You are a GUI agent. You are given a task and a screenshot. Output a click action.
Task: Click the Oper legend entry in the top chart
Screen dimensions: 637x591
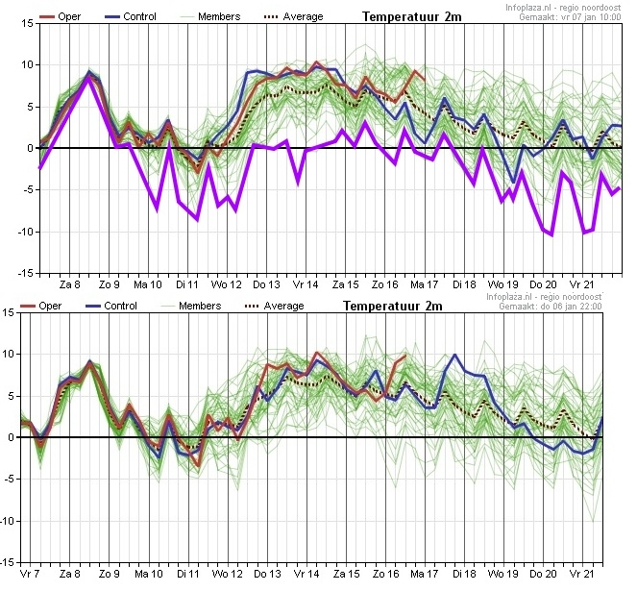pos(61,16)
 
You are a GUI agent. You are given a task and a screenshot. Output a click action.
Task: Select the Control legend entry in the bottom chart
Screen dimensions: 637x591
pos(111,306)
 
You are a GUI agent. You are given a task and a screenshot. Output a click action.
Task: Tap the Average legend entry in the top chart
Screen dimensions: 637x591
pos(293,16)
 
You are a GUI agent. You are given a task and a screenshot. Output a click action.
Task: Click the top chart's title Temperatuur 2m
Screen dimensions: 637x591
pos(412,16)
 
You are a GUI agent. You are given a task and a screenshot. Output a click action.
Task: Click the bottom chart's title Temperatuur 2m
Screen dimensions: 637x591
pos(392,306)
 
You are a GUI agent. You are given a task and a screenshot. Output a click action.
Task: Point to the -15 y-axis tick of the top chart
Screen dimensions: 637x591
pos(25,274)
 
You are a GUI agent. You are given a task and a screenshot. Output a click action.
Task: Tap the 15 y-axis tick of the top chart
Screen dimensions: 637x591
pos(28,23)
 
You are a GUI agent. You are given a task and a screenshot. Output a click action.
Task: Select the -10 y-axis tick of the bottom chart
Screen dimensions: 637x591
pos(9,521)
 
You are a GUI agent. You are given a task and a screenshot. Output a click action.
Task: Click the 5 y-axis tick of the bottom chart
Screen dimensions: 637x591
pos(10,396)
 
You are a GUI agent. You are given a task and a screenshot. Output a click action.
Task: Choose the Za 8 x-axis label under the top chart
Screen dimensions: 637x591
pos(70,284)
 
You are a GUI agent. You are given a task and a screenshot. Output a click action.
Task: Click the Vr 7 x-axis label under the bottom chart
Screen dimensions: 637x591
pos(30,574)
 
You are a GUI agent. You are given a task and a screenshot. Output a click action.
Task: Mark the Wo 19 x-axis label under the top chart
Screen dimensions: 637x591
pos(502,284)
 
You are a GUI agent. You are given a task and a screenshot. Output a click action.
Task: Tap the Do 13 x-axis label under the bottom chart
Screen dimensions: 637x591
pos(267,574)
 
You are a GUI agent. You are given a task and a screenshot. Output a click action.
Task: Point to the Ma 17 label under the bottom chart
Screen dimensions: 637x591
pos(424,574)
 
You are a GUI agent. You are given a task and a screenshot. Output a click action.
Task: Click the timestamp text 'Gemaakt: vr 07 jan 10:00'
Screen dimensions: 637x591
pos(570,17)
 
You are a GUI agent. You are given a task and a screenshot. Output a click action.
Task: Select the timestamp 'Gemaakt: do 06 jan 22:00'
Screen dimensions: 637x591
pos(551,306)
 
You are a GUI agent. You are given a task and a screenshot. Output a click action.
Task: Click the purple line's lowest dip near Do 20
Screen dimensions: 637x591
pos(551,234)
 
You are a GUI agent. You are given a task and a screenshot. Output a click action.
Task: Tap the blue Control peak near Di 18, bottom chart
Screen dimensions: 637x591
pos(454,355)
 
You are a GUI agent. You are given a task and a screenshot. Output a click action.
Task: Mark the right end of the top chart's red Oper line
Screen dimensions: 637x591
pos(425,80)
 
